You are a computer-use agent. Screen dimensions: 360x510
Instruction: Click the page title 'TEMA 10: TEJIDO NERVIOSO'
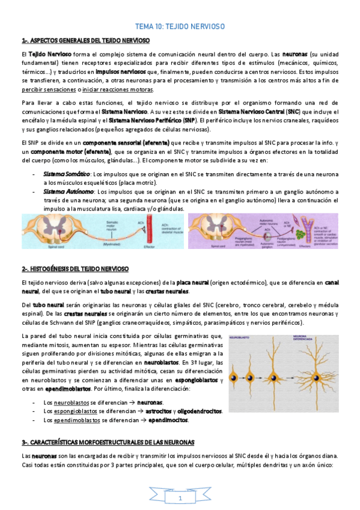click(180, 27)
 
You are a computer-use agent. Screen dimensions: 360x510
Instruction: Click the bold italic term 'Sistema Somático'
click(65, 173)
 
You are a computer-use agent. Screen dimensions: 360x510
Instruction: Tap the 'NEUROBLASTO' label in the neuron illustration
click(243, 337)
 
